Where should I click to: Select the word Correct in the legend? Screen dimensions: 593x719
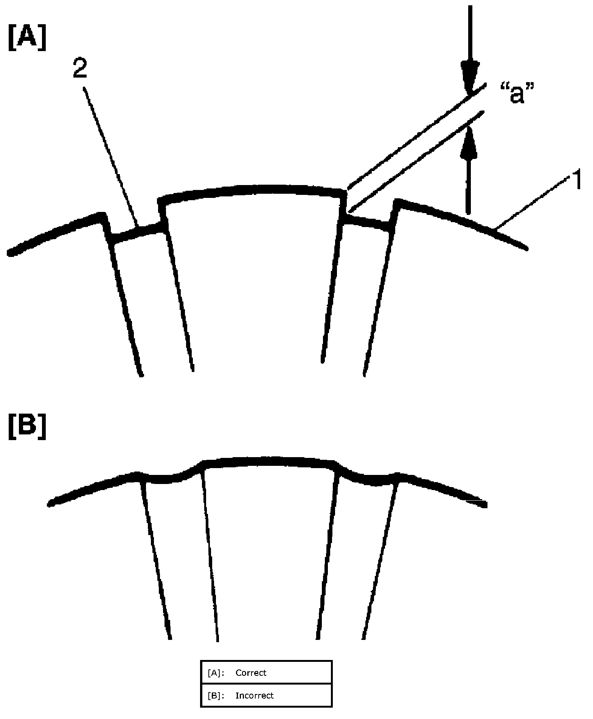(251, 673)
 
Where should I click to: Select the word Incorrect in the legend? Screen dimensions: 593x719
(254, 696)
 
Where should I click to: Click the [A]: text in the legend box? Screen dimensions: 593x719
(216, 673)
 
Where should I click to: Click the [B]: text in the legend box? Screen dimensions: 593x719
(216, 696)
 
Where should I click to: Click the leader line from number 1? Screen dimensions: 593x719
(533, 205)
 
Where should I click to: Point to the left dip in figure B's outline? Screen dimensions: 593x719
(166, 479)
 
